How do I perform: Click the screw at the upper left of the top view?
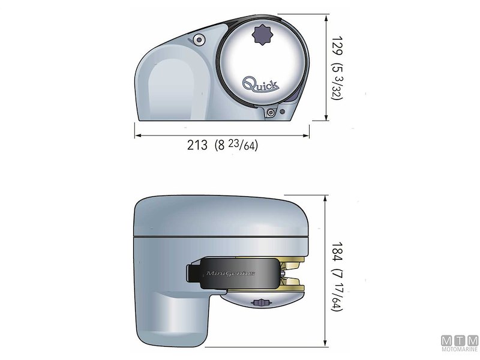click(198, 40)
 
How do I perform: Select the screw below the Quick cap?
click(272, 113)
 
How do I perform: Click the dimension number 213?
click(197, 145)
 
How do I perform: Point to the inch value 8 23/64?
click(236, 145)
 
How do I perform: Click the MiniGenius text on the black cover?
click(231, 273)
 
